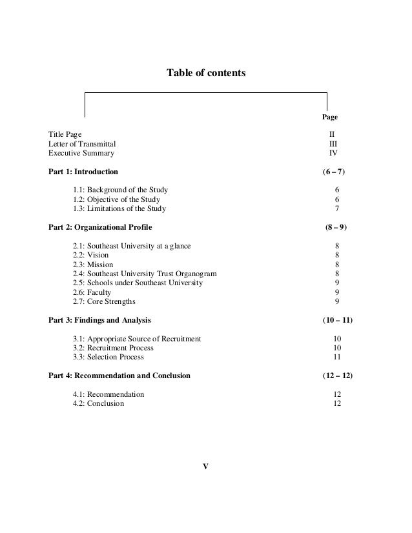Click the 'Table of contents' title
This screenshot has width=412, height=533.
pyautogui.click(x=206, y=74)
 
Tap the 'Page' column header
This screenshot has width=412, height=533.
pyautogui.click(x=330, y=117)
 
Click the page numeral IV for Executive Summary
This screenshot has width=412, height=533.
pyautogui.click(x=334, y=154)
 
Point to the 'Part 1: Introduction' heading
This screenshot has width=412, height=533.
pyautogui.click(x=83, y=172)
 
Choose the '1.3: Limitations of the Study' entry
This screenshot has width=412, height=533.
pyautogui.click(x=119, y=209)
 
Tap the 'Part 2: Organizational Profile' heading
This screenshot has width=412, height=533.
pyautogui.click(x=101, y=228)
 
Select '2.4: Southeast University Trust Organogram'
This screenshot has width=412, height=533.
pyautogui.click(x=145, y=274)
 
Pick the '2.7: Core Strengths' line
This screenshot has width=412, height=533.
pyautogui.click(x=105, y=301)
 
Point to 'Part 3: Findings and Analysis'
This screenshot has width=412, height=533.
pyautogui.click(x=100, y=320)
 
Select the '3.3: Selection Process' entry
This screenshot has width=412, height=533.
pyautogui.click(x=108, y=357)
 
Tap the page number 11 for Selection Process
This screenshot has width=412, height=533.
pyautogui.click(x=337, y=357)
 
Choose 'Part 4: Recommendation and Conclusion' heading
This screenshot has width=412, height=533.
pyautogui.click(x=119, y=376)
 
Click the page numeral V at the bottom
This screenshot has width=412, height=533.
pyautogui.click(x=205, y=466)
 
